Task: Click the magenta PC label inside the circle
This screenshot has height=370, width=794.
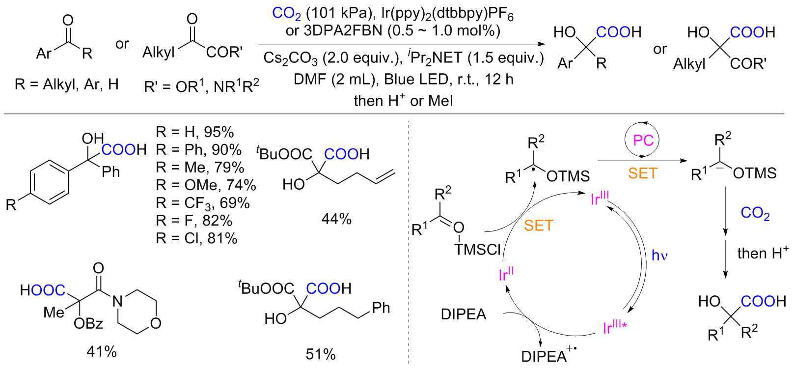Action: point(643,141)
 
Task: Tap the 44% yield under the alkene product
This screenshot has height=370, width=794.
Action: point(336,219)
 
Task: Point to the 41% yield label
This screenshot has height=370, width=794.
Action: point(102,352)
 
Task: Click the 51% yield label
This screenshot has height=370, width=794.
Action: point(321,354)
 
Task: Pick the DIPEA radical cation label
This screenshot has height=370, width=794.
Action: point(548,355)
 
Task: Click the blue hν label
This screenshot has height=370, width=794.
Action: point(659,256)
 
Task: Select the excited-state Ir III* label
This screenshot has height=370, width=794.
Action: point(615,326)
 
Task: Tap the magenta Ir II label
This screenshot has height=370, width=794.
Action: point(506,274)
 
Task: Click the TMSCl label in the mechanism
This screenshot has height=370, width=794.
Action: point(477,250)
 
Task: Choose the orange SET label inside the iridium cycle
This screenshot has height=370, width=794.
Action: point(539,226)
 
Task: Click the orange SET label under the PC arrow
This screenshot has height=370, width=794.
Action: point(642,173)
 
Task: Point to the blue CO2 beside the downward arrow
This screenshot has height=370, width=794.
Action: point(755,213)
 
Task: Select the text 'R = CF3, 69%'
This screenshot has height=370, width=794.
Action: point(203,203)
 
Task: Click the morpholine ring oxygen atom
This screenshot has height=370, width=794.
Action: point(156,323)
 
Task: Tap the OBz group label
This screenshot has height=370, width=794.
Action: point(88,324)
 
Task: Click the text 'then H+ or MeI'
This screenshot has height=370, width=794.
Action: point(403,101)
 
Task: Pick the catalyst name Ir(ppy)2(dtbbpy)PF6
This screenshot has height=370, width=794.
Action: point(447,13)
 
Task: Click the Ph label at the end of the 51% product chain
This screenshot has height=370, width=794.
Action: point(381,308)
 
